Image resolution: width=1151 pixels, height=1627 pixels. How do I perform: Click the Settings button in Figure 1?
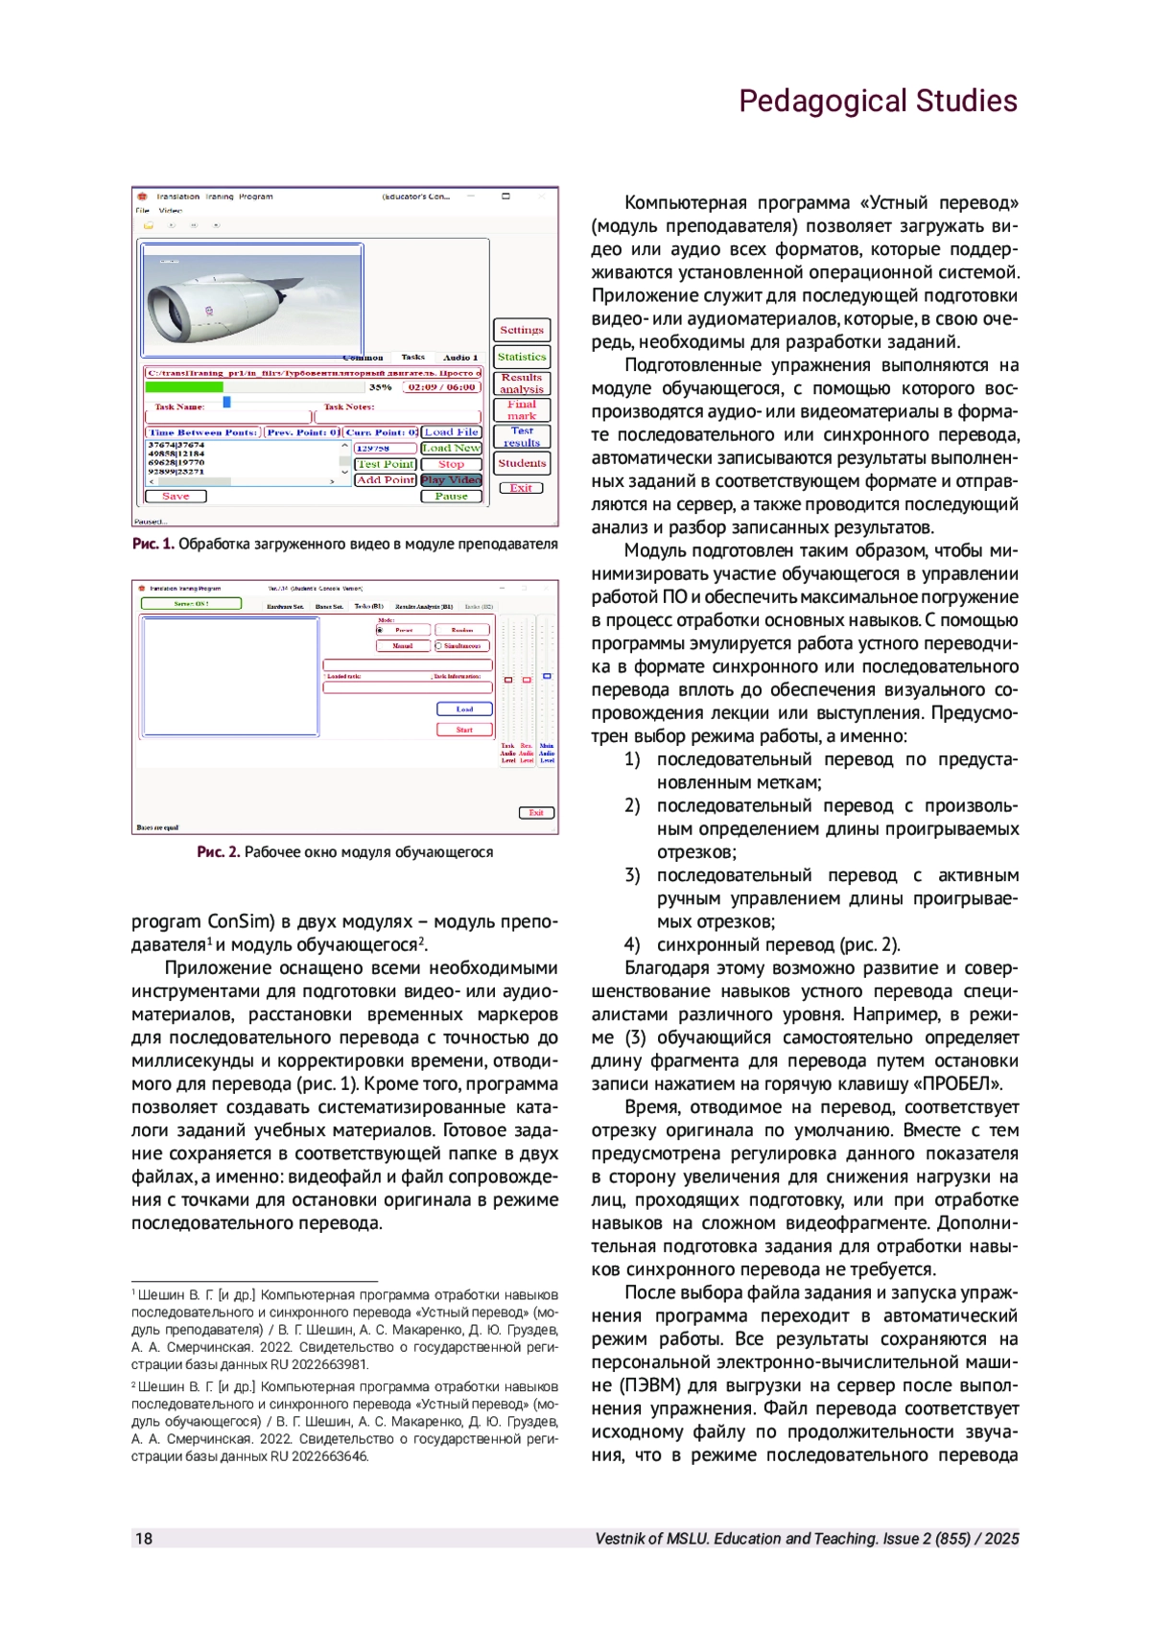(x=522, y=330)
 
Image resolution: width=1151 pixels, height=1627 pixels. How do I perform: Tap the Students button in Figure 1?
(x=522, y=463)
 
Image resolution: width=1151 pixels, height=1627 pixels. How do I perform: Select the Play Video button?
(x=451, y=479)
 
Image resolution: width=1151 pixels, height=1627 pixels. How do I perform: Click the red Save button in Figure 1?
(x=176, y=497)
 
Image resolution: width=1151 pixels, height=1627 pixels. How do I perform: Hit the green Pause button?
(x=451, y=497)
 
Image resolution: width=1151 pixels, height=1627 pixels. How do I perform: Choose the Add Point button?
(x=386, y=479)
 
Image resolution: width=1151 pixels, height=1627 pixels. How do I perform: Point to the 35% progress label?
(x=380, y=387)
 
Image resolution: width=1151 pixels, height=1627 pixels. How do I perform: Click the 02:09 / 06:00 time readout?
(x=441, y=387)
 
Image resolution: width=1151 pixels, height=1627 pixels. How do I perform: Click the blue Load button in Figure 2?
(x=464, y=709)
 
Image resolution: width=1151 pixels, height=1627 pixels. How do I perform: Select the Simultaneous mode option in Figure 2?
(x=461, y=646)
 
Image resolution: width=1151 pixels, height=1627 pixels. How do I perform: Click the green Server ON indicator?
(x=191, y=604)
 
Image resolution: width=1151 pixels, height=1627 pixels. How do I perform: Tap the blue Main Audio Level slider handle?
(x=547, y=677)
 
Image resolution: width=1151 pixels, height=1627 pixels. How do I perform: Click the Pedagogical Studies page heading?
(x=878, y=101)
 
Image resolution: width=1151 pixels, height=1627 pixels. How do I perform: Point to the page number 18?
(x=144, y=1539)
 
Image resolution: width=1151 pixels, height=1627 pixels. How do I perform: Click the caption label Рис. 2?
(x=219, y=851)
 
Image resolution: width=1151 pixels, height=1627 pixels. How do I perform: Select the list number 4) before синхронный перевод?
(x=632, y=944)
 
